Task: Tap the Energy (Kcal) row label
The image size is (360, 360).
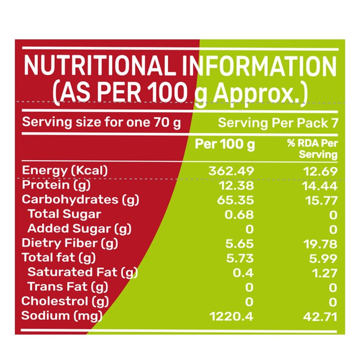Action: coord(66,171)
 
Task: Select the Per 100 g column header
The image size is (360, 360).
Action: coord(225,144)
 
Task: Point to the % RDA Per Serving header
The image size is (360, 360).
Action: coord(313,149)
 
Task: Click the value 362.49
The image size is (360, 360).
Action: coord(231,171)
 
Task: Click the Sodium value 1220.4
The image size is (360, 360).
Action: coord(232,316)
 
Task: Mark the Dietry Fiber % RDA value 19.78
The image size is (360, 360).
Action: coord(319,243)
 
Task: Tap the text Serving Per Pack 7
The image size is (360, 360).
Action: coord(278,123)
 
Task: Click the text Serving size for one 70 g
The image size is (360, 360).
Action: coord(102,122)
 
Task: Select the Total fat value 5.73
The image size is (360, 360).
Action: coord(239,258)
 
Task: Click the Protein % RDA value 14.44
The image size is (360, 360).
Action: coord(319,185)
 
